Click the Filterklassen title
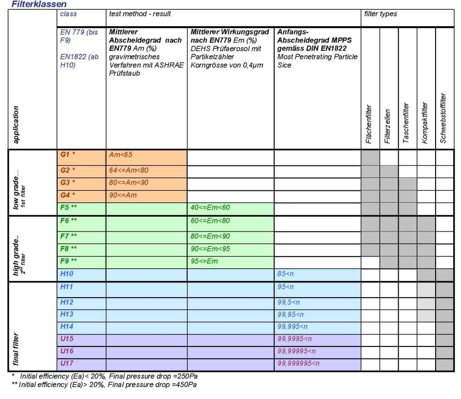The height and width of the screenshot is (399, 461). (x=39, y=4)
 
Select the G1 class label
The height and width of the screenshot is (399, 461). (x=68, y=154)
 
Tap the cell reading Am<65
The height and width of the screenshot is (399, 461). (x=120, y=155)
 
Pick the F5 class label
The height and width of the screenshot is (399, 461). (x=68, y=207)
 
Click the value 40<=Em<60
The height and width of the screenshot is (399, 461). (x=210, y=207)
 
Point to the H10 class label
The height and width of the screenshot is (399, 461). (x=67, y=274)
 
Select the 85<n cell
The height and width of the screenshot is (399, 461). (x=285, y=274)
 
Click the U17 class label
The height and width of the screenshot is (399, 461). (x=67, y=363)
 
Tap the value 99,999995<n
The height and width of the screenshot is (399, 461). (x=299, y=364)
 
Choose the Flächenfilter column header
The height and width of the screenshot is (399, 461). (x=369, y=124)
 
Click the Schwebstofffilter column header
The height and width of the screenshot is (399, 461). (x=443, y=118)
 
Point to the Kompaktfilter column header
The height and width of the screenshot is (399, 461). (x=425, y=123)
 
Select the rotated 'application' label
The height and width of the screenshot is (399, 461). (x=16, y=125)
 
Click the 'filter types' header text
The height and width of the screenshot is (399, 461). (x=380, y=14)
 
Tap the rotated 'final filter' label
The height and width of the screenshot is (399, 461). (x=16, y=349)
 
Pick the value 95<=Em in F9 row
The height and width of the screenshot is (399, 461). (x=204, y=261)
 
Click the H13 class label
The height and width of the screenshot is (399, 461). (x=67, y=314)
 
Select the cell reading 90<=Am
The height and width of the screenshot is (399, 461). (x=123, y=195)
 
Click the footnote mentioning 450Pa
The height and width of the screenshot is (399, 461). (x=104, y=385)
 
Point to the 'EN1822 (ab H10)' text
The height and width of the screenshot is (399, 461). (x=79, y=61)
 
